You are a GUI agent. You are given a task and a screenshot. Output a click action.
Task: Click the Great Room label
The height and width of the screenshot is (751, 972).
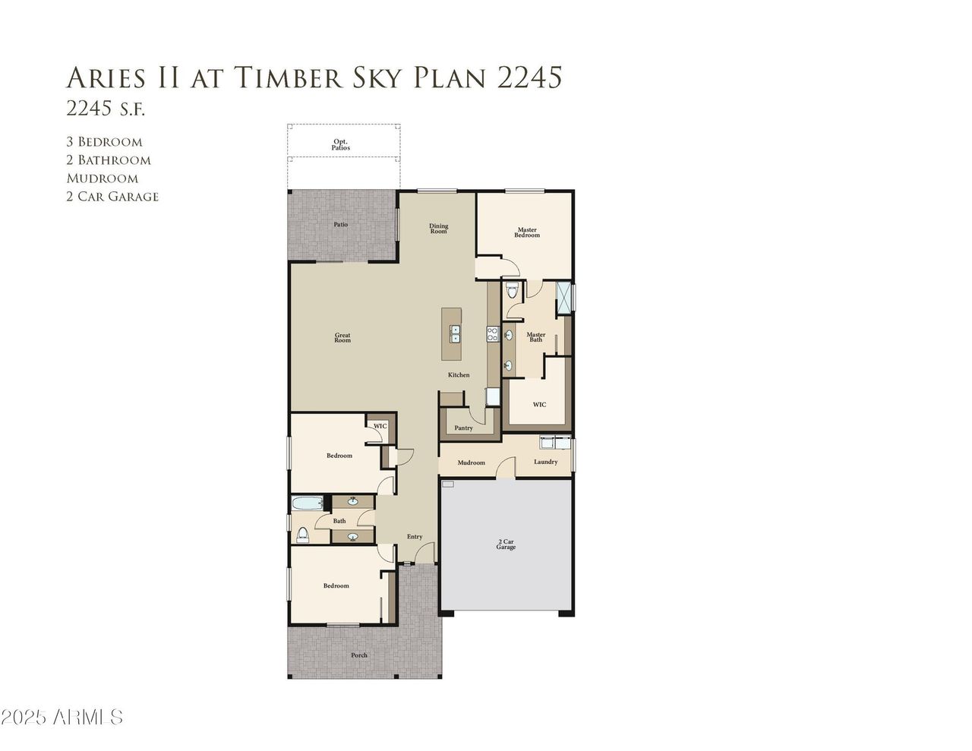click(342, 338)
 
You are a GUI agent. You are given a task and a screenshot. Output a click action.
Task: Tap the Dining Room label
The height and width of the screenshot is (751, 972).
click(438, 228)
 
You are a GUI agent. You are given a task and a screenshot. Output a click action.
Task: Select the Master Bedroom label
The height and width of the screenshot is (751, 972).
click(527, 232)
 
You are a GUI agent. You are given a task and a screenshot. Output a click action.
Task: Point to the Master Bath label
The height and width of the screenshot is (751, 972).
click(535, 336)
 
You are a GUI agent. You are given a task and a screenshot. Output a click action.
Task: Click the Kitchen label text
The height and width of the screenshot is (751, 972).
click(458, 375)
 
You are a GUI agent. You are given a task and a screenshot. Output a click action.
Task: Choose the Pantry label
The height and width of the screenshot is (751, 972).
click(463, 428)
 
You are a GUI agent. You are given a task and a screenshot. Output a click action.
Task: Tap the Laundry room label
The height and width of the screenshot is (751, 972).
click(545, 462)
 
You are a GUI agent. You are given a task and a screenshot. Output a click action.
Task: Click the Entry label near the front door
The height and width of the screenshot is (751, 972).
click(414, 537)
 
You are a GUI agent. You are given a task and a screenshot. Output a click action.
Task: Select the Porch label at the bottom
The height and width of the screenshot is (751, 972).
click(358, 655)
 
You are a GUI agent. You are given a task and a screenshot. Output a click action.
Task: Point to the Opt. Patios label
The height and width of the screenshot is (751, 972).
click(341, 144)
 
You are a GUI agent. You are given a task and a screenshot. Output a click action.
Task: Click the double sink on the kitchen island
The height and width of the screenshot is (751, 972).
click(455, 333)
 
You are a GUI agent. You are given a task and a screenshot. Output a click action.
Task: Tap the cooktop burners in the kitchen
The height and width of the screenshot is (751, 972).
click(491, 335)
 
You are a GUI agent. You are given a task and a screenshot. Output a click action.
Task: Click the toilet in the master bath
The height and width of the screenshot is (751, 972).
click(511, 289)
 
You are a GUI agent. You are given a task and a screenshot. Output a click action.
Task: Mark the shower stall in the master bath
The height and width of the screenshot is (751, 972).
click(563, 297)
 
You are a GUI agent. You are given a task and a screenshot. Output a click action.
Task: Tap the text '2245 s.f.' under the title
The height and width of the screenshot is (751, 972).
click(106, 109)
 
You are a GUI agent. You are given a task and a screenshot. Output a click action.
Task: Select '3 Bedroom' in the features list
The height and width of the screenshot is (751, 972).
click(104, 142)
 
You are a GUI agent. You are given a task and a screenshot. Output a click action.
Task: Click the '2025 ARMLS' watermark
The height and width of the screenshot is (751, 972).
click(62, 717)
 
